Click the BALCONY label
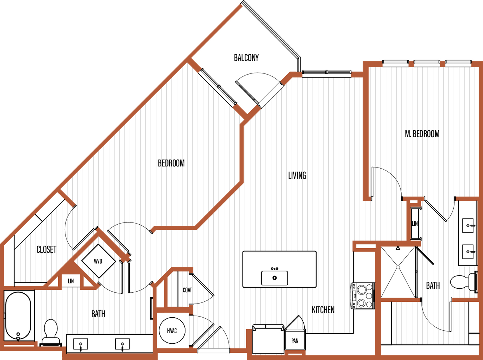[246, 58]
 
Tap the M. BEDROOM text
[422, 134]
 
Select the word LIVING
[297, 175]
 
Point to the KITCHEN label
[323, 310]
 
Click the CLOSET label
[46, 250]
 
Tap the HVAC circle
[172, 331]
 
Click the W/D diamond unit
[98, 261]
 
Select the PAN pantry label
[295, 341]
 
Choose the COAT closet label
[187, 290]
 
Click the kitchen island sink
[275, 278]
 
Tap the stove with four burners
[363, 296]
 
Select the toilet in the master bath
[464, 282]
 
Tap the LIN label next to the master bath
[415, 224]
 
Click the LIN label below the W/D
[71, 281]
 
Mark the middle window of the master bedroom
[427, 63]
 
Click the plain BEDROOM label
[171, 163]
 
